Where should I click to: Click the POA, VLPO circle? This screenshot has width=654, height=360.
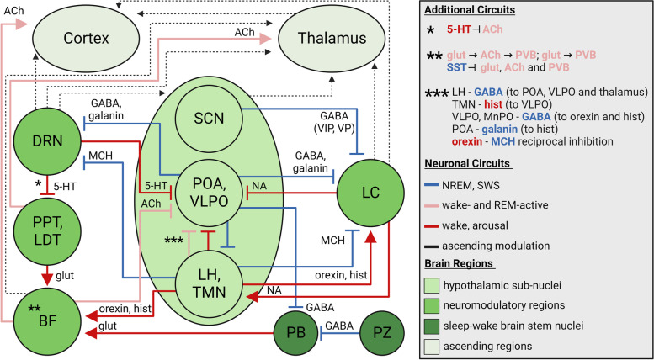click(x=209, y=190)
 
